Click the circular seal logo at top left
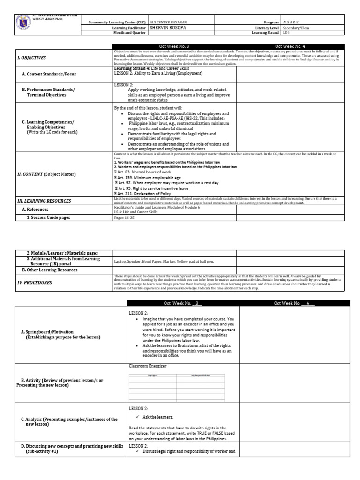[x=22, y=24]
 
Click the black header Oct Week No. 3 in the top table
[x=174, y=46]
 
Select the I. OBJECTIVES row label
[x=32, y=58]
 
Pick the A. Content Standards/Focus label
[x=49, y=74]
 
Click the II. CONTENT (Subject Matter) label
[x=46, y=174]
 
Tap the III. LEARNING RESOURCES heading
[x=44, y=201]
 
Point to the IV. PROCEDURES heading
[x=35, y=283]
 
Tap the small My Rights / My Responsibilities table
[x=177, y=385]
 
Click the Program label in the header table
[x=271, y=22]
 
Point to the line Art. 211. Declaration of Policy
[x=144, y=194]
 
